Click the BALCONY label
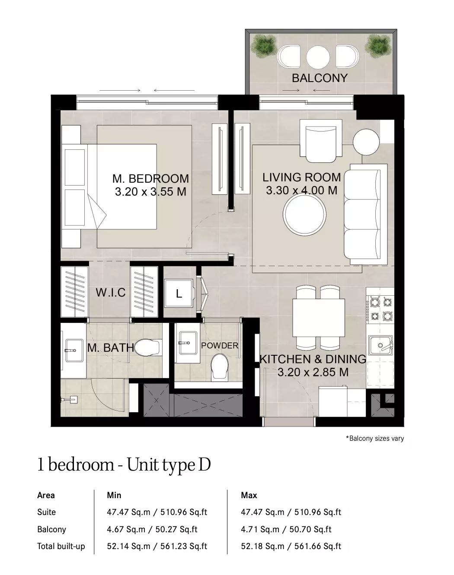point(320,78)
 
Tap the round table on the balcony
point(318,57)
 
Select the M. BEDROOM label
point(151,178)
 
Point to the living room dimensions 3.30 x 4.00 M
point(302,190)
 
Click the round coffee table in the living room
point(305,214)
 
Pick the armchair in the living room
point(321,141)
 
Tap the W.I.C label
point(111,293)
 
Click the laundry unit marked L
point(179,294)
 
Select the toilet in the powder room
point(220,367)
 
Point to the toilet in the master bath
point(148,348)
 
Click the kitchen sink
point(380,346)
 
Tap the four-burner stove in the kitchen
point(380,309)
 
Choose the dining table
point(319,318)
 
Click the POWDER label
point(220,345)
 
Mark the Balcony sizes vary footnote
point(375,438)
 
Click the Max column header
point(249,495)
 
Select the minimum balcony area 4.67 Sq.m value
point(126,529)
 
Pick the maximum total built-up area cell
point(291,546)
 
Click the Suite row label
point(47,512)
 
